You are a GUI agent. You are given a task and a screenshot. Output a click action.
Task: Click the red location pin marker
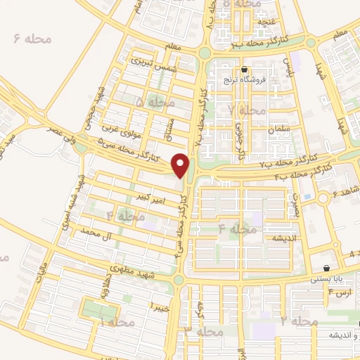coord(181,165)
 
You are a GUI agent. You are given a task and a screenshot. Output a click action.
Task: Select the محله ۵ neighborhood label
coord(155,103)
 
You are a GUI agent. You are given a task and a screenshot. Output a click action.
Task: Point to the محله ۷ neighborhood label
coord(247,110)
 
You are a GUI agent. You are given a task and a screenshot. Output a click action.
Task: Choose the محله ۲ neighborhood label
coord(298,320)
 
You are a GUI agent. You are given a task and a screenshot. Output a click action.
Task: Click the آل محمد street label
coord(97,231)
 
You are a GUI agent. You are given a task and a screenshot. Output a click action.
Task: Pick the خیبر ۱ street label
coord(161,306)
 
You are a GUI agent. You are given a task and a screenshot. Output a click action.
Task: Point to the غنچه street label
coord(268,22)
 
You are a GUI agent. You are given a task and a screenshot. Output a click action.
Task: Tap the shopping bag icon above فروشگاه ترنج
coord(244,70)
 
